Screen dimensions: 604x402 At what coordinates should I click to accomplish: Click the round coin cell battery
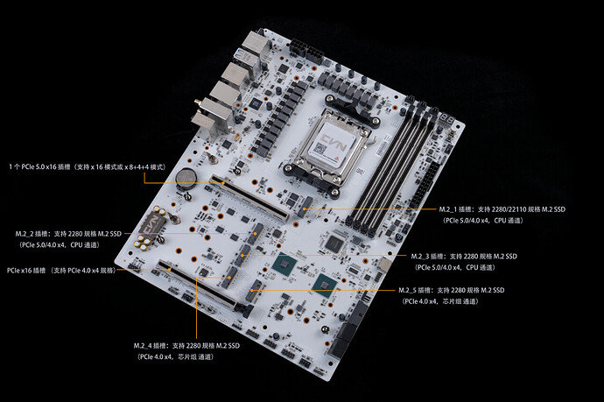point(186,178)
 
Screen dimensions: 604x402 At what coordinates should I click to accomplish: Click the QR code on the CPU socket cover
point(320,148)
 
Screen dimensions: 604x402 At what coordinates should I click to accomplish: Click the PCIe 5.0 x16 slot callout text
point(88,167)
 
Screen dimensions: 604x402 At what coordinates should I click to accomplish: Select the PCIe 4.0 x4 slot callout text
point(61,271)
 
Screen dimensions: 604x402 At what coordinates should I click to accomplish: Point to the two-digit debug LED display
point(446,118)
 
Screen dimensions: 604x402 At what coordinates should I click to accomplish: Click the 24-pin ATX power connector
point(424,185)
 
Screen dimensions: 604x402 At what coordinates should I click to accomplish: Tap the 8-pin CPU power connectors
point(307,51)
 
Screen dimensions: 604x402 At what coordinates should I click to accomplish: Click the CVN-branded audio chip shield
point(151,224)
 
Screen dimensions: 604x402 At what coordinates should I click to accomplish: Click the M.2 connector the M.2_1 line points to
point(306,207)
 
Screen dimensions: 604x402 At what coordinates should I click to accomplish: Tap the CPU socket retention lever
point(371,143)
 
